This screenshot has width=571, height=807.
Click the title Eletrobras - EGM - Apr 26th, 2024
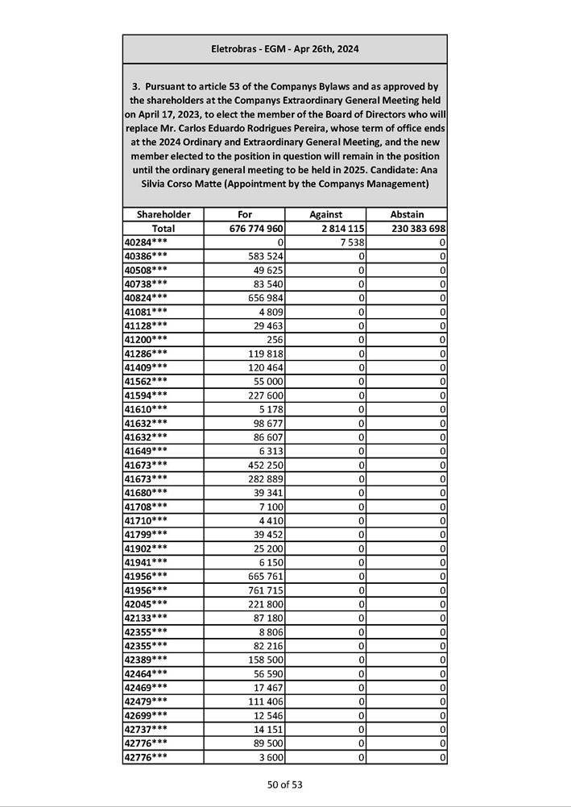pos(284,49)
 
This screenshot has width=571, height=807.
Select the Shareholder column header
pos(163,215)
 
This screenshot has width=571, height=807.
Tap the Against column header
pos(325,215)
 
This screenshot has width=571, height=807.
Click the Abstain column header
pos(407,215)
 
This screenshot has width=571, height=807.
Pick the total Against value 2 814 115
pos(337,229)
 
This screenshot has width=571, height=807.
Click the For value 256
pos(273,340)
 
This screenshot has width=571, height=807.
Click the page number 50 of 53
pos(285,784)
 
